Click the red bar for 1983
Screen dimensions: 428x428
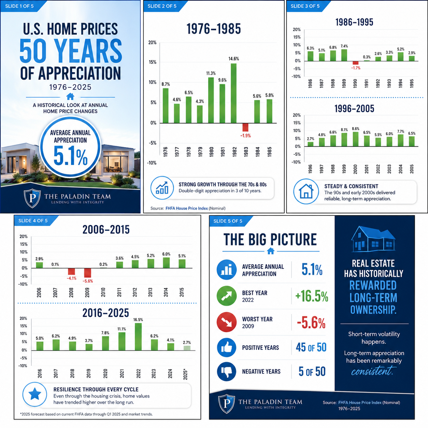pos(245,127)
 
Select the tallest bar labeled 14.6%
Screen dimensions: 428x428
pos(234,93)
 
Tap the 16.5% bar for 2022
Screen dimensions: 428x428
pos(138,337)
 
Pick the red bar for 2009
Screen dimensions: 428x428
pos(87,273)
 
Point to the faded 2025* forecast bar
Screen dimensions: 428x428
pos(187,348)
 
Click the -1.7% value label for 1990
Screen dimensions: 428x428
pos(356,68)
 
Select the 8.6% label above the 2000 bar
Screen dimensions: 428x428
pos(356,129)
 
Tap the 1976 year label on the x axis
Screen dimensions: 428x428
pos(165,152)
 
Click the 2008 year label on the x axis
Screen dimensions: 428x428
pos(71,293)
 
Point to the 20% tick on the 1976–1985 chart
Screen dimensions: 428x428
pos(152,42)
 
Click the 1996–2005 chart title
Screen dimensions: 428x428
pos(354,109)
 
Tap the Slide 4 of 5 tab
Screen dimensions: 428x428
pos(33,220)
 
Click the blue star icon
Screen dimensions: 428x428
pos(35,395)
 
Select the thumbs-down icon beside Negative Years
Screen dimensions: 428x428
pos(227,371)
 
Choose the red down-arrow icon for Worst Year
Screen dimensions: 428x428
pos(227,322)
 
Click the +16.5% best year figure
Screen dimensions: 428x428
pos(312,296)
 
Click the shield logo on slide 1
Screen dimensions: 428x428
pos(32,198)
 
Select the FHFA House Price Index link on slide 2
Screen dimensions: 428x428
pos(187,208)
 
